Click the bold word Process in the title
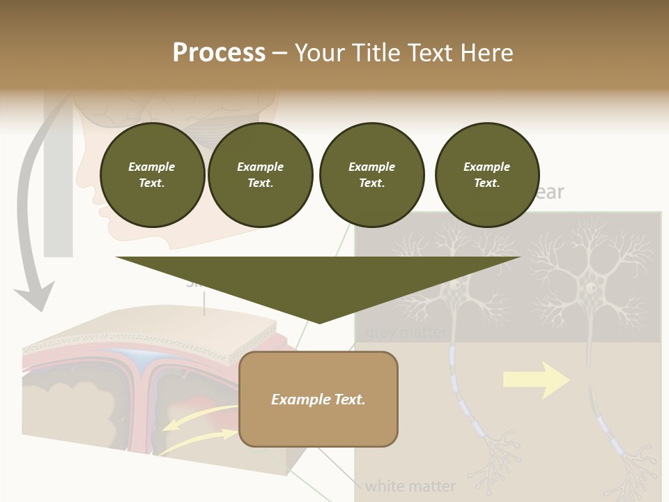219,53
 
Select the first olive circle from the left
152,175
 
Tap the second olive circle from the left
260,175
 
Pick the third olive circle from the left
371,175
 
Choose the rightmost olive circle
486,175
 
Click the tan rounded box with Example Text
318,399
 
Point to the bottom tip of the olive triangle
319,321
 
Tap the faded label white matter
410,485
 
